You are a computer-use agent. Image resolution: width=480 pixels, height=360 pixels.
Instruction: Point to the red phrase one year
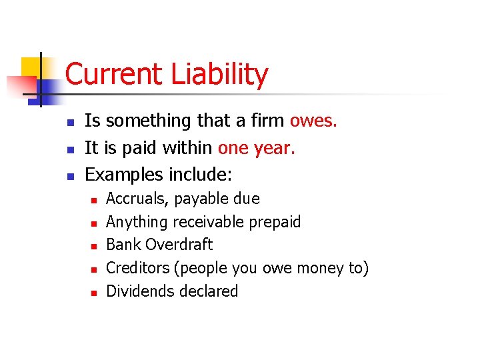click(256, 147)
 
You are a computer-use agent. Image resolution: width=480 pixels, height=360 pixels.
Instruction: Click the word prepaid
click(275, 222)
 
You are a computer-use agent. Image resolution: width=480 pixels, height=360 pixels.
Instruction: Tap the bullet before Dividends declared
click(93, 292)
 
